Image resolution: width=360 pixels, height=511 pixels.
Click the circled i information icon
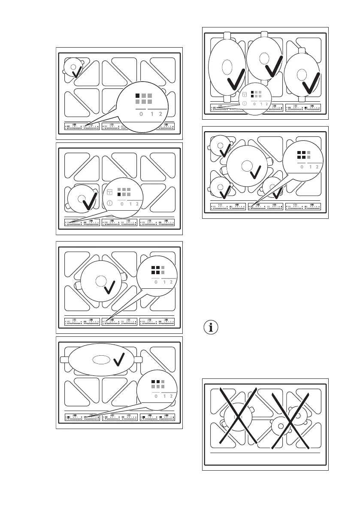(x=210, y=328)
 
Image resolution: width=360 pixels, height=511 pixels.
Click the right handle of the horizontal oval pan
(x=138, y=360)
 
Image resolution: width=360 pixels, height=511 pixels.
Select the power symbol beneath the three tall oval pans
(x=244, y=103)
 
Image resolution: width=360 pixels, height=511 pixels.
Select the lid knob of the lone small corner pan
(x=74, y=67)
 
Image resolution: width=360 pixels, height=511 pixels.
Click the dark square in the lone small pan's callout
(x=138, y=95)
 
